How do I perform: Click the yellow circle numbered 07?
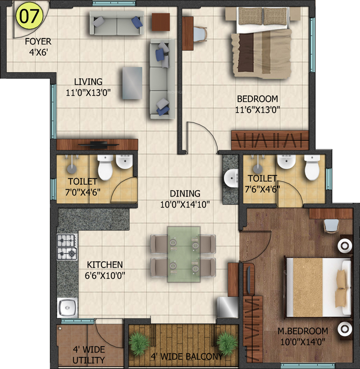[29, 16]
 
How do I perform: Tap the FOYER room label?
[38, 41]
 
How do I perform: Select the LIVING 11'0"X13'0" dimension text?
[88, 93]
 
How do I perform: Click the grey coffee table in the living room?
[132, 83]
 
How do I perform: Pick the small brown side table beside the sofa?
[161, 22]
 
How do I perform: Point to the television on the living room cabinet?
[98, 145]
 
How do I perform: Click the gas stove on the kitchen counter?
[67, 247]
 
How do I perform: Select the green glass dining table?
[184, 254]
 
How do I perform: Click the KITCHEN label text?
[105, 265]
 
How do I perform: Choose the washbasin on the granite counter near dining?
[231, 178]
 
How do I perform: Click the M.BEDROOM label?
[303, 331]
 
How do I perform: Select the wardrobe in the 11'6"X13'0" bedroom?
[270, 140]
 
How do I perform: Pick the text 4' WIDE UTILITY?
[89, 355]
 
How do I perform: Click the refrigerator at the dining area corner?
[228, 307]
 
